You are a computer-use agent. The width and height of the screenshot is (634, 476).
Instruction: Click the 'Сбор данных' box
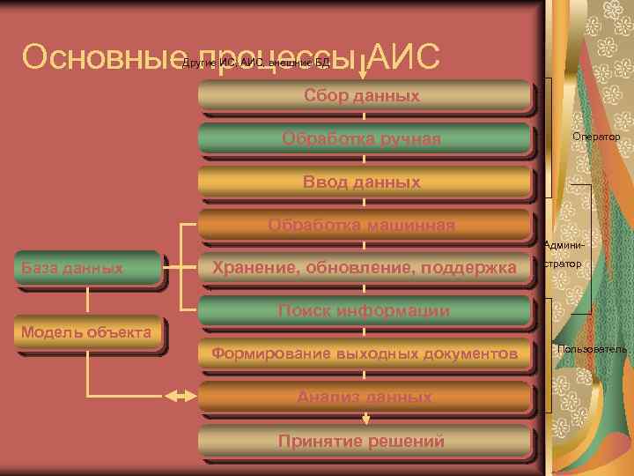tap(363, 95)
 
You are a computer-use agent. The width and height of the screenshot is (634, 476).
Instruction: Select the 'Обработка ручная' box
tap(363, 138)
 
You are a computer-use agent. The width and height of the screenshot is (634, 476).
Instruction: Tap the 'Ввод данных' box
tap(363, 182)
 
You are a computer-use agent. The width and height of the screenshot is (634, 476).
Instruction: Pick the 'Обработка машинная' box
tap(363, 225)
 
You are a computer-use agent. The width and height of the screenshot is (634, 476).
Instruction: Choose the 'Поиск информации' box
tap(363, 310)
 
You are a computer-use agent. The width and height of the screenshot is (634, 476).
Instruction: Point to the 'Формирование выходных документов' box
tap(363, 353)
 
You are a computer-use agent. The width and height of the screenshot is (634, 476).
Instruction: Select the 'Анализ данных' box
tap(363, 397)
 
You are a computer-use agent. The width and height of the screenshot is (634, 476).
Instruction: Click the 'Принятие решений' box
tap(363, 440)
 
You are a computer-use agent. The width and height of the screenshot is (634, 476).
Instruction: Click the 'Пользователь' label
tap(592, 350)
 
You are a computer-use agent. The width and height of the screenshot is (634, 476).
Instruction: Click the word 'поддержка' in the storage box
tap(476, 267)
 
